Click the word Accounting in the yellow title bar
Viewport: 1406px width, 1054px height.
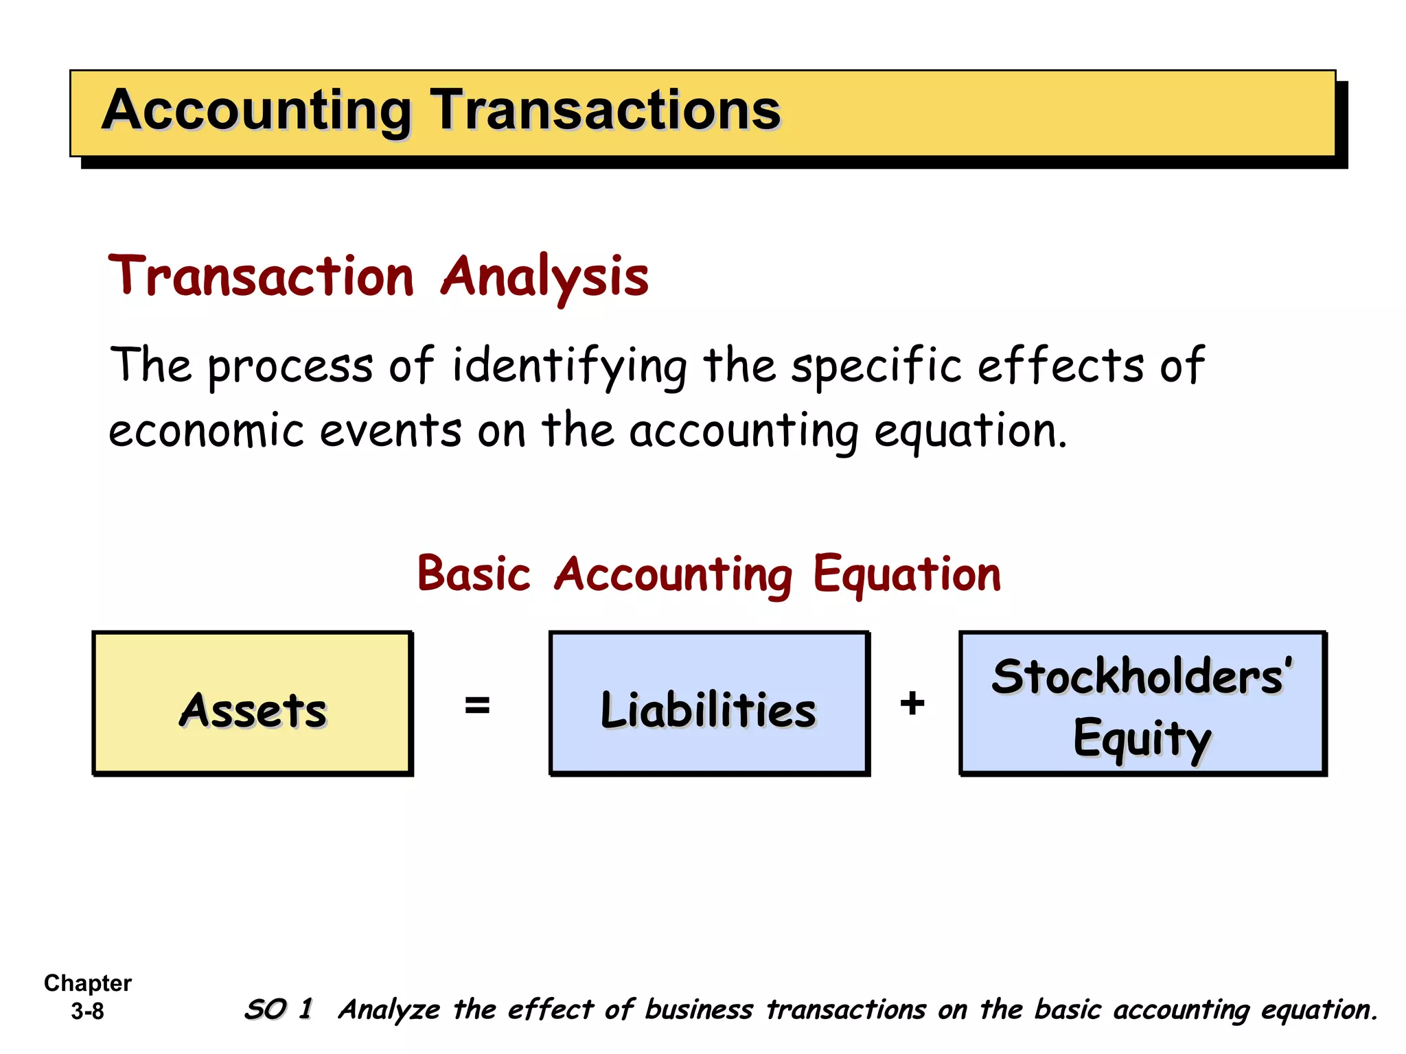(x=256, y=111)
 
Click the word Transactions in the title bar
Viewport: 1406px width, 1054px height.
(x=605, y=110)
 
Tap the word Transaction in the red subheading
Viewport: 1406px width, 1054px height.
(x=262, y=276)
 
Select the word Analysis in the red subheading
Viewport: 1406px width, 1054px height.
(x=544, y=276)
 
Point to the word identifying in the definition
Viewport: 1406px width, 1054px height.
(x=569, y=366)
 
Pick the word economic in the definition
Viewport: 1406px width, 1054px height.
(x=206, y=431)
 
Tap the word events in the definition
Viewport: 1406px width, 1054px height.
(x=390, y=431)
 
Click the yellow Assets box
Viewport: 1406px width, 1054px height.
(x=253, y=704)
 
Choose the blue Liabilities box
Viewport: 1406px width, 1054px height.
(x=708, y=704)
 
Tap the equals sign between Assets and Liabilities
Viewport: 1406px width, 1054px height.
(x=477, y=705)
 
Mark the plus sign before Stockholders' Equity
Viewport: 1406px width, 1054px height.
(x=912, y=703)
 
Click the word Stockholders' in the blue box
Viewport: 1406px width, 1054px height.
(x=1142, y=677)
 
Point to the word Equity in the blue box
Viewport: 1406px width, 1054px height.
(x=1142, y=738)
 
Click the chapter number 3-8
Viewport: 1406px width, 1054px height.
(x=87, y=1011)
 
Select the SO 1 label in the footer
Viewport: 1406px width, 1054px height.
(x=279, y=1009)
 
